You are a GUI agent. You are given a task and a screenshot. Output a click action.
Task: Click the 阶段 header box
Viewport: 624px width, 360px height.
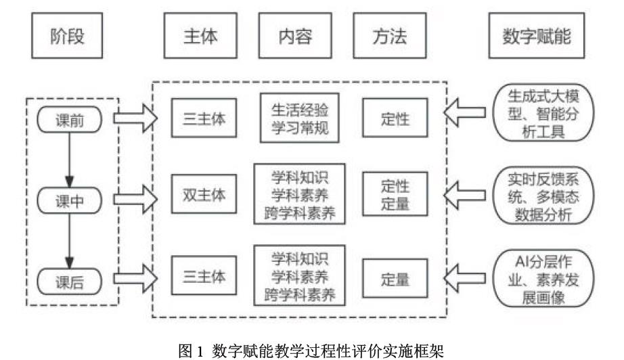68,36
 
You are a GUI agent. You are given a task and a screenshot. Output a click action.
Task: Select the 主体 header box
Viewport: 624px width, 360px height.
201,36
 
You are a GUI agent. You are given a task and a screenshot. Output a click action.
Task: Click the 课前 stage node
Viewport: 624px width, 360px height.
69,120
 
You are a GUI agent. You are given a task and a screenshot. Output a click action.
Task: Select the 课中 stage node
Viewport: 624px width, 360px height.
69,200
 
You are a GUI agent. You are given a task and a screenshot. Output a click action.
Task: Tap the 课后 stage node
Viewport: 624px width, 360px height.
69,281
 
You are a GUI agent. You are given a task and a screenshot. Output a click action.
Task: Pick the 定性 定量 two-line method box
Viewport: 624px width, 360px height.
395,194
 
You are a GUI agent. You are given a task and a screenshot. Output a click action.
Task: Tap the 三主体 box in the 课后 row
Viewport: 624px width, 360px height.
200,278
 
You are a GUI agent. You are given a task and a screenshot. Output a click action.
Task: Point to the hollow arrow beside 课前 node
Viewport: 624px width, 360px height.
135,119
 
